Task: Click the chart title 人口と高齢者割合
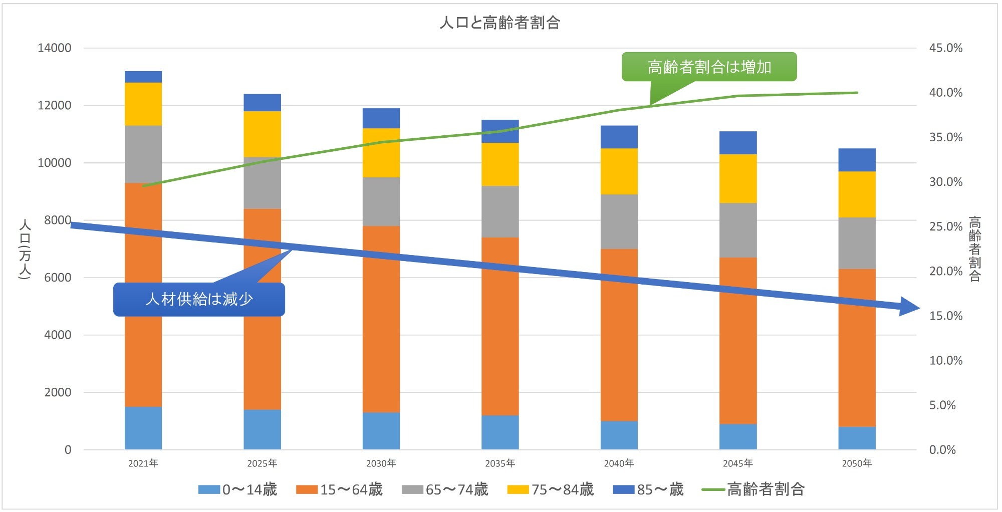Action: point(499,23)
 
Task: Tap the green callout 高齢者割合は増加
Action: point(709,67)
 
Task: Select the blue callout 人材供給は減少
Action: point(199,299)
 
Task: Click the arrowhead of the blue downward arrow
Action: point(909,307)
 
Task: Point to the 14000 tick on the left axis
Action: point(54,48)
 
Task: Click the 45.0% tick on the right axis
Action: point(945,48)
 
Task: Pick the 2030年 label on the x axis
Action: point(381,463)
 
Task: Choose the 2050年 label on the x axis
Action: point(857,463)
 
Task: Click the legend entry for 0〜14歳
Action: point(238,489)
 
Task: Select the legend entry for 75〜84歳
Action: point(551,489)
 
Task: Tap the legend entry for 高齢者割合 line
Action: point(754,489)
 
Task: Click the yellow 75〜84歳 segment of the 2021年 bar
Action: point(143,104)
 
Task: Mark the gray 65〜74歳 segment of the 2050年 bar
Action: point(857,243)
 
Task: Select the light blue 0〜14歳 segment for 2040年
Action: point(619,435)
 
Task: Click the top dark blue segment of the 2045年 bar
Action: point(738,143)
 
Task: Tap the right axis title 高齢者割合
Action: point(974,249)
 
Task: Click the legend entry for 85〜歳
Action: point(648,489)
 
